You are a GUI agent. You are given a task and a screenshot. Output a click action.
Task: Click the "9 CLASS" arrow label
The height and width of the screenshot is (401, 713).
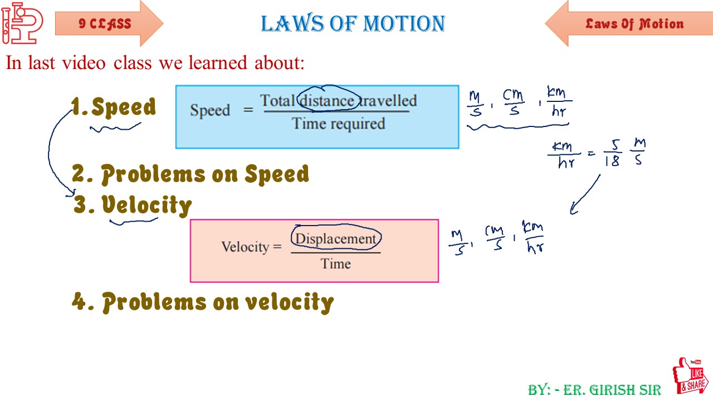(x=106, y=24)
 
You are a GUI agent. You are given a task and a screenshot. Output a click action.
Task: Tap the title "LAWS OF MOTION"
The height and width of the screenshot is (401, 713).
(x=353, y=24)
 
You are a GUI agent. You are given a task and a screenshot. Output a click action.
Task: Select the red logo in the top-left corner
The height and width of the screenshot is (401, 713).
(x=22, y=23)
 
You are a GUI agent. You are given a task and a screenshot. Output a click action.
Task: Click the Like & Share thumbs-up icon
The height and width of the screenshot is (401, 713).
(x=690, y=377)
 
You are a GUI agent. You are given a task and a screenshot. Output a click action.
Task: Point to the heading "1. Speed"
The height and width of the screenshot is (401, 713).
(x=114, y=107)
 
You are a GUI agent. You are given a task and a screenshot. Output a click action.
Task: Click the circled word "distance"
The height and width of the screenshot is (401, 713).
(x=327, y=101)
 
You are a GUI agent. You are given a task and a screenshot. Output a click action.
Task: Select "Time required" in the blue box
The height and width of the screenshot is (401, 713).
(x=339, y=123)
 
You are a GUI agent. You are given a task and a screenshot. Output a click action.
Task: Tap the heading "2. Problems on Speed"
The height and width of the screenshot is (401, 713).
(x=191, y=174)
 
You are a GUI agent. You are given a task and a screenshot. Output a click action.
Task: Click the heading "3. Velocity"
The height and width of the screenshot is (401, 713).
(x=133, y=205)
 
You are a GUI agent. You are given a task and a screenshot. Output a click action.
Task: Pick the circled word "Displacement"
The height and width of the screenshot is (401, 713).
(x=336, y=238)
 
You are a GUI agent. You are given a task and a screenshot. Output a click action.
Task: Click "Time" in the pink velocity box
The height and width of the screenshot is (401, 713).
(x=335, y=263)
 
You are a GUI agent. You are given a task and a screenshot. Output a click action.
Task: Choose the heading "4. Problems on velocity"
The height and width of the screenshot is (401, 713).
(x=203, y=302)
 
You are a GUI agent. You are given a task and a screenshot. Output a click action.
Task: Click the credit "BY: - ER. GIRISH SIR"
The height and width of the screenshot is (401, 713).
(x=594, y=390)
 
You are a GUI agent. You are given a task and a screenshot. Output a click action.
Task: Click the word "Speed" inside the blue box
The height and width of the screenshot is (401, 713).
(x=210, y=110)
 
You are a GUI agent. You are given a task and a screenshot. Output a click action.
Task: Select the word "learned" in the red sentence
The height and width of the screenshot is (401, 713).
(x=219, y=63)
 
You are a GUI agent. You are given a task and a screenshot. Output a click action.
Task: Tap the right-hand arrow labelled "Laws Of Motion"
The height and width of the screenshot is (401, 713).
(x=628, y=24)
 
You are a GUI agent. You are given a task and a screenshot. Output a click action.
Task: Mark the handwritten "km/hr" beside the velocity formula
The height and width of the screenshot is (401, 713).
(x=534, y=238)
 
